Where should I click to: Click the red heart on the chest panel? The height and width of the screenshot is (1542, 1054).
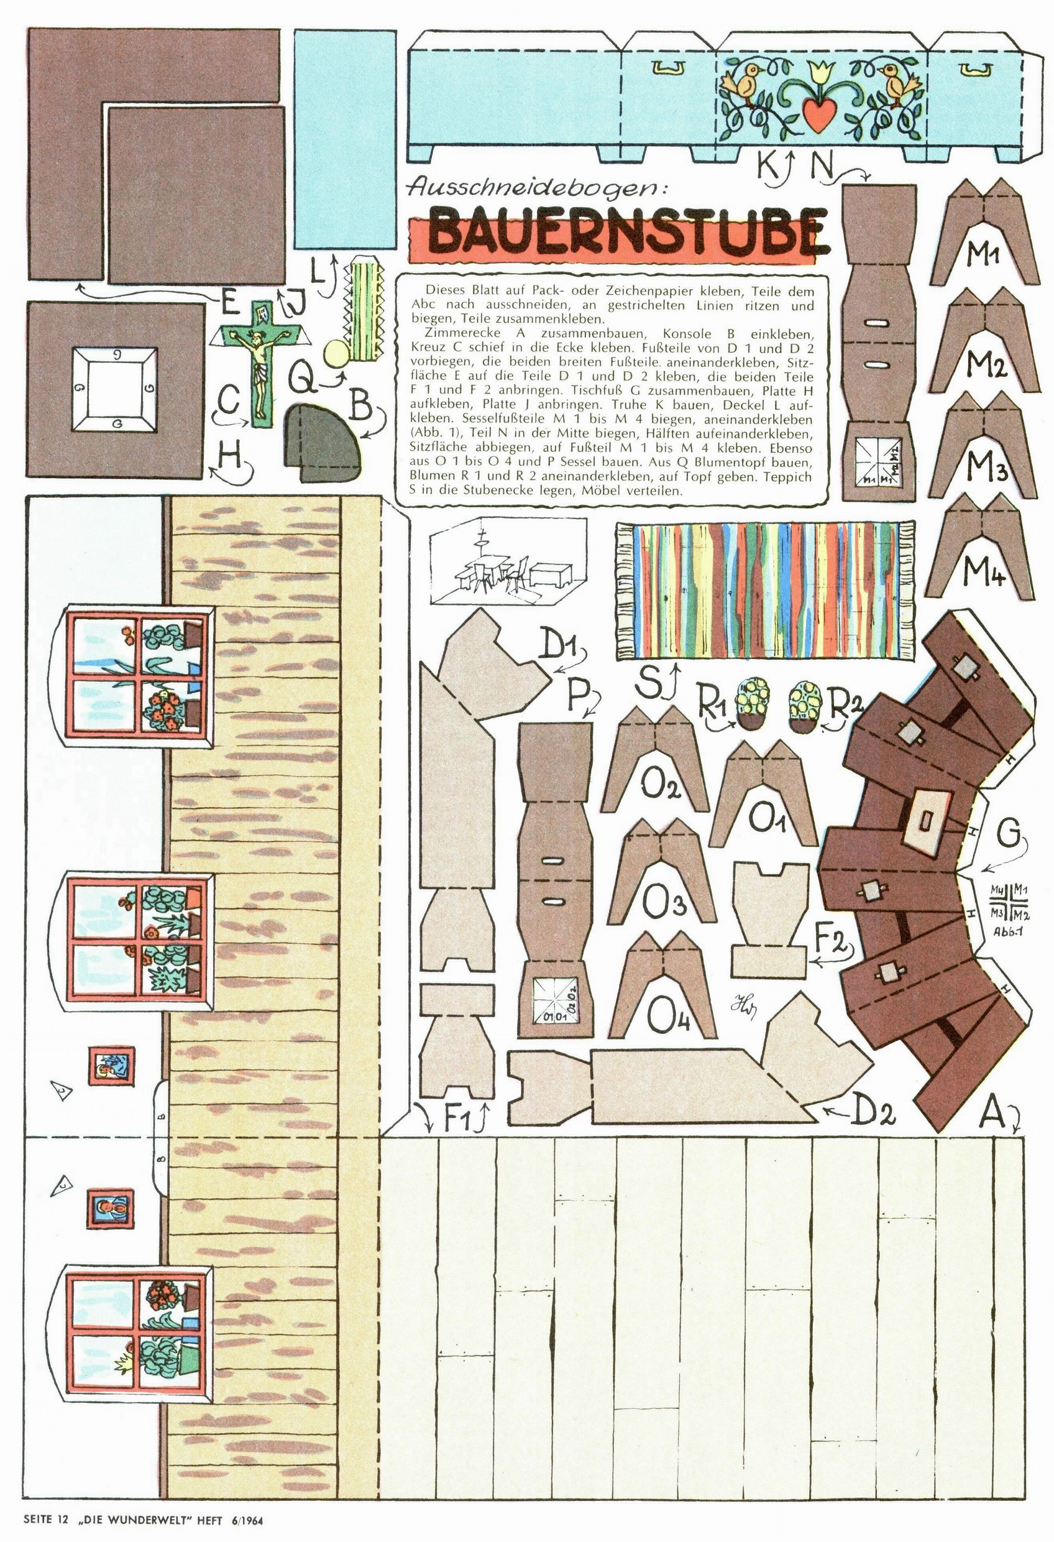820,114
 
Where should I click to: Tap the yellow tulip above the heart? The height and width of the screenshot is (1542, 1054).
820,73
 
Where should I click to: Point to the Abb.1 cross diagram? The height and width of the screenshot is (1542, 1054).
1008,900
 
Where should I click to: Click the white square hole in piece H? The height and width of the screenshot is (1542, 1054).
115,387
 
